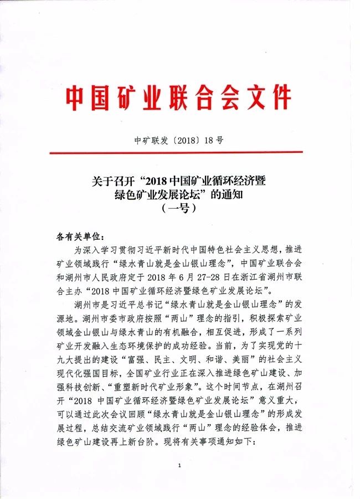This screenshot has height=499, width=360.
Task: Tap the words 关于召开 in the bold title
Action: tap(115, 182)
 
